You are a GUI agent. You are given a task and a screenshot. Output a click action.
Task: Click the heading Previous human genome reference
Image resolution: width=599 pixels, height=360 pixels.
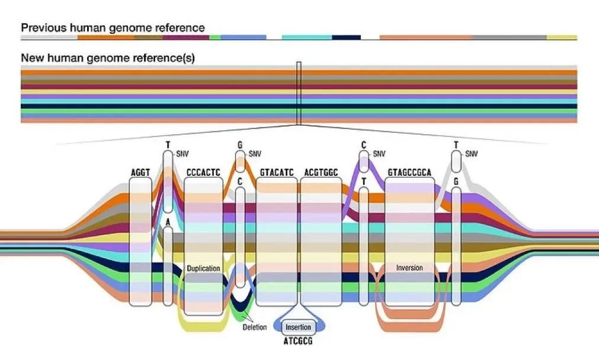113,28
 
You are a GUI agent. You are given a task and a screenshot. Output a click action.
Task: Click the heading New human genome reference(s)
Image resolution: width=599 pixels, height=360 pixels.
108,58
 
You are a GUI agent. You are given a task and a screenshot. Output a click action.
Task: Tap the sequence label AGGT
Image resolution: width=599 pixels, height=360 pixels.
140,173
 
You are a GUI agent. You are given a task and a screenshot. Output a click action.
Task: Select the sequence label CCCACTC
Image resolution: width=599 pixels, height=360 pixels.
203,173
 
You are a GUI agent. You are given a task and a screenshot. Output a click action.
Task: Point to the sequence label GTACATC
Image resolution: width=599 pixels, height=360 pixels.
277,173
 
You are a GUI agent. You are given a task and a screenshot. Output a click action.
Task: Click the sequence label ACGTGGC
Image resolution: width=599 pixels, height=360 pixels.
321,173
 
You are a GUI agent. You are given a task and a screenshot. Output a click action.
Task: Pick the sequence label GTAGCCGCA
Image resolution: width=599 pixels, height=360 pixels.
409,173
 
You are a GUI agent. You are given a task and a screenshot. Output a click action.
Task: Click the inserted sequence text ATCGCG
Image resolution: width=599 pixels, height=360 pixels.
298,341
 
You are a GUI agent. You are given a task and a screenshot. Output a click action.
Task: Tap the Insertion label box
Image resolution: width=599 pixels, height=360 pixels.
298,327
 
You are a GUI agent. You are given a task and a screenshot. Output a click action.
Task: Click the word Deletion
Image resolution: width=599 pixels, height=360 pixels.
255,327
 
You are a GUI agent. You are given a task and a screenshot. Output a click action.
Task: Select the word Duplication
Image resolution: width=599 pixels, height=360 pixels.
203,268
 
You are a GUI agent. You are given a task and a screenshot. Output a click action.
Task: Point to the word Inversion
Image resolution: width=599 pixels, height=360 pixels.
409,268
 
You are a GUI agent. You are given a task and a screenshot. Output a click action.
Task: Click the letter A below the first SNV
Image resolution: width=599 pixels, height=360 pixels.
168,222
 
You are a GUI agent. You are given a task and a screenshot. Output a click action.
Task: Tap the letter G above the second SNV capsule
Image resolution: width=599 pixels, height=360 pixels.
240,144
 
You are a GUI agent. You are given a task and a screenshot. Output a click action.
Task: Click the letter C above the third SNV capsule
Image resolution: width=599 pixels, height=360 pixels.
364,144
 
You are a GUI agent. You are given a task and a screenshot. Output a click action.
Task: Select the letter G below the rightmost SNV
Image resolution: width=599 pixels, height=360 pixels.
456,181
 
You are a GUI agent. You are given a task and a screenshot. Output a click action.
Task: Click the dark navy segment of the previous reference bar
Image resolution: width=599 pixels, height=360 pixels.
346,37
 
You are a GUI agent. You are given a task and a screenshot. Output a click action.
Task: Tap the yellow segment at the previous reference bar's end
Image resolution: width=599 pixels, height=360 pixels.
561,37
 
